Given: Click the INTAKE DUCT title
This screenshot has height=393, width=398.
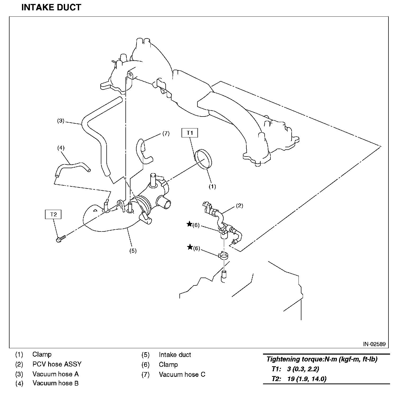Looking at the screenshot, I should [x=51, y=7].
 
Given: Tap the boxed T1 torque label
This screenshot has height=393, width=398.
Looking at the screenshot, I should [x=190, y=133].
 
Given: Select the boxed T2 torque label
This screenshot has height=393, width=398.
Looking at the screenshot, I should [x=53, y=214].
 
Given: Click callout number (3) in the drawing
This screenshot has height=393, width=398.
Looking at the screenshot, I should [x=61, y=121].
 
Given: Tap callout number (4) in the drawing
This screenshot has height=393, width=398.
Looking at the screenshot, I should [x=61, y=148].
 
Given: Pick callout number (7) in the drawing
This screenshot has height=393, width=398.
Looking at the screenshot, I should [x=166, y=133].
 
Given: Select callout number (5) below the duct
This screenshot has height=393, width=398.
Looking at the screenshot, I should [x=133, y=251].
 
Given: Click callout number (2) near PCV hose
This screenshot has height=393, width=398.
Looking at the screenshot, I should [x=239, y=206].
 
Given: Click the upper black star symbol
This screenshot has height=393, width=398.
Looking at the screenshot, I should [x=189, y=224].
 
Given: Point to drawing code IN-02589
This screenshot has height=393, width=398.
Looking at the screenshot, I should [x=374, y=344].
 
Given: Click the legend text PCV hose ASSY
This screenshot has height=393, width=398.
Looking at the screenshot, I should [x=57, y=364].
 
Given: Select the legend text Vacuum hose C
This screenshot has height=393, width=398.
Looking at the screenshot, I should [x=182, y=374].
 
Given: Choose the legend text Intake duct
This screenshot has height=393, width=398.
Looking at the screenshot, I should [x=175, y=355].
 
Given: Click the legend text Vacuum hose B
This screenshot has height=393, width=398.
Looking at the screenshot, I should [x=56, y=383].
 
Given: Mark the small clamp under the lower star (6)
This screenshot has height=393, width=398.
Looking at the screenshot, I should [x=224, y=256].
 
